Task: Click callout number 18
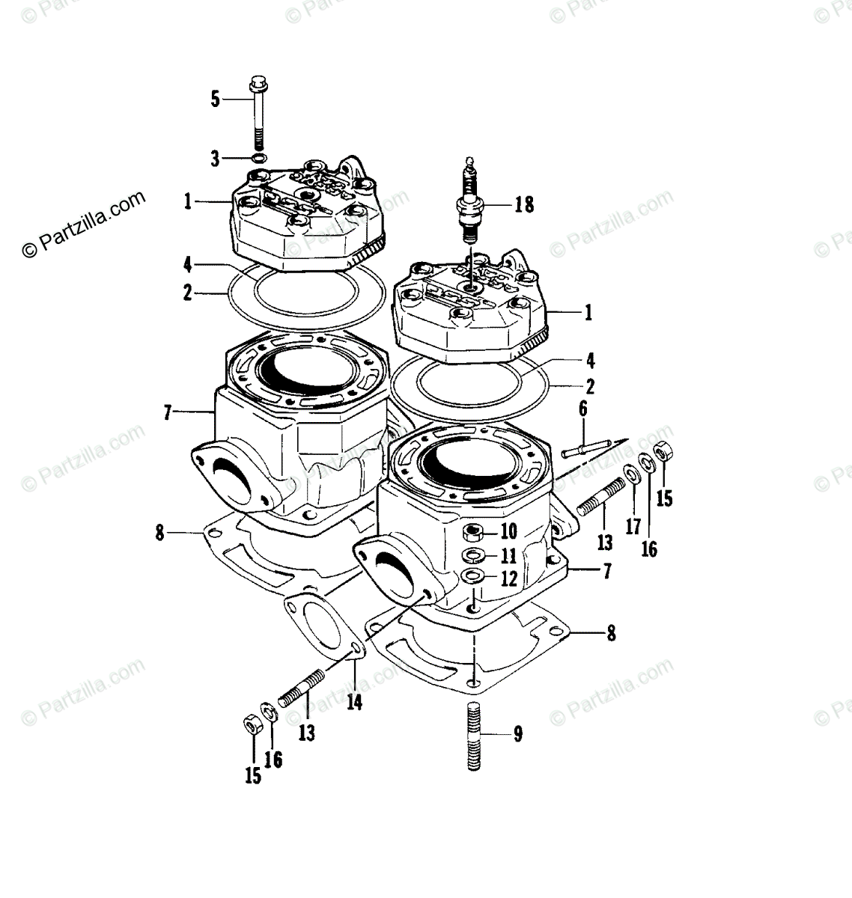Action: (525, 204)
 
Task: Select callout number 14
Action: (354, 702)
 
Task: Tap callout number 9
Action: (517, 735)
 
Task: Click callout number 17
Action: (633, 526)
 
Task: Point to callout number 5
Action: (216, 99)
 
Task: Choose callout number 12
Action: (508, 578)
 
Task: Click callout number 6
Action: (582, 409)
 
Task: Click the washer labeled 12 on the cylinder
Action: (472, 576)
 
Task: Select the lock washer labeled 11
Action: (472, 556)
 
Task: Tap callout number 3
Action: (216, 158)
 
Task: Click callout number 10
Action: (508, 532)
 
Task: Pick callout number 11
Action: (508, 556)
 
